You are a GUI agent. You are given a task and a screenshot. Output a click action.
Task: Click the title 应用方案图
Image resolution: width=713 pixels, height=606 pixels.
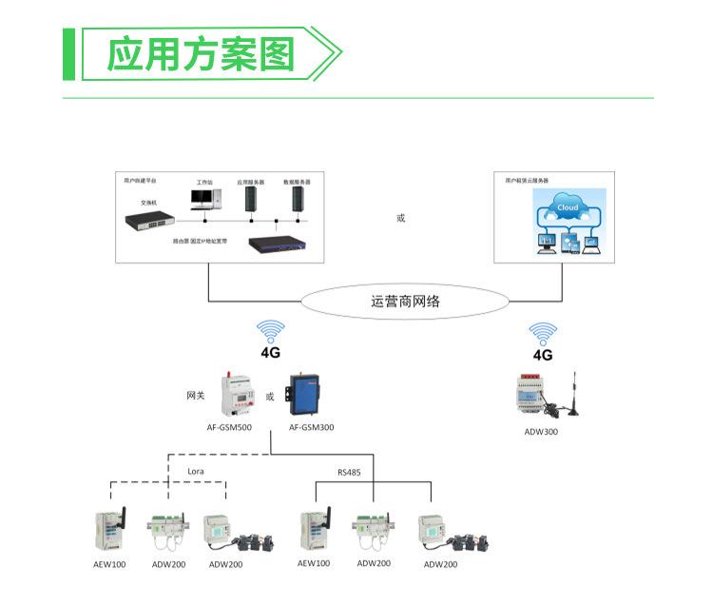(x=200, y=54)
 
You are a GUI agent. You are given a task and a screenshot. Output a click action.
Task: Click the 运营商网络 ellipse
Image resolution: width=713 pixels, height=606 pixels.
(x=405, y=303)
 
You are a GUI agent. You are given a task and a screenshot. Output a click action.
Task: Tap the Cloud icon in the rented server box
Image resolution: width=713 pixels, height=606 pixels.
(x=568, y=208)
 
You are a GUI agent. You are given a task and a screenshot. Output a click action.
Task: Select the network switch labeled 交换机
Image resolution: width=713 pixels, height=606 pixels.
(x=148, y=221)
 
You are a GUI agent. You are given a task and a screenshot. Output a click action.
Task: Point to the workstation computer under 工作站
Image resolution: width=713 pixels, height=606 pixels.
(x=204, y=199)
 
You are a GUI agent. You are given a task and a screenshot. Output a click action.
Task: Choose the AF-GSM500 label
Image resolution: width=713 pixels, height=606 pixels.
(x=230, y=427)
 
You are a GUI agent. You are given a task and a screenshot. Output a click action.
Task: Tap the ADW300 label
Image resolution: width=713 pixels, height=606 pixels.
(x=541, y=431)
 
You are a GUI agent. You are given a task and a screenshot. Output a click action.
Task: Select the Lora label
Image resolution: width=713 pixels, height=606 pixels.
(x=195, y=471)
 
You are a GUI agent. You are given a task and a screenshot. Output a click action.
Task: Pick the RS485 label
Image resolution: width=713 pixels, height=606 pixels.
(x=349, y=471)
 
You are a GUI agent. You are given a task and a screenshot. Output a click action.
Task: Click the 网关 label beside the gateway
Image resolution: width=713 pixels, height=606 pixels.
(x=195, y=395)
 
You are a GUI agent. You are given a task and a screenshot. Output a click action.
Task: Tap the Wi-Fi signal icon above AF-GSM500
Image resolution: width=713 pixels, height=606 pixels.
(x=271, y=332)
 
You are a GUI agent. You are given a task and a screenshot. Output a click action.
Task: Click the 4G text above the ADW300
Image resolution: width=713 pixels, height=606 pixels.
(x=543, y=355)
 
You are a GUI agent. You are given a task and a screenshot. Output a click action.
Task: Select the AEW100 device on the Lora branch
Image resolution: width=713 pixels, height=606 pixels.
(x=110, y=532)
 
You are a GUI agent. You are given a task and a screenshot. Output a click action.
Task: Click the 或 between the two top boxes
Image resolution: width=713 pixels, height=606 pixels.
(x=400, y=218)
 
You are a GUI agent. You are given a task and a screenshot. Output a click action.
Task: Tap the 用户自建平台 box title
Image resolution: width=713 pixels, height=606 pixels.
(x=141, y=180)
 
